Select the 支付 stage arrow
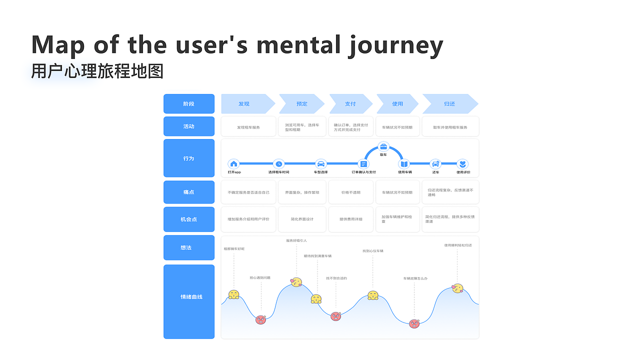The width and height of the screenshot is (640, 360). tap(350, 104)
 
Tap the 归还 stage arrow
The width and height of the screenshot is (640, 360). tap(449, 104)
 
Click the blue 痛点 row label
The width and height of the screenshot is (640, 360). tap(188, 192)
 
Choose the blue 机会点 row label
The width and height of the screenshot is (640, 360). tap(188, 219)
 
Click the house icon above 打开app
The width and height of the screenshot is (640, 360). tap(233, 163)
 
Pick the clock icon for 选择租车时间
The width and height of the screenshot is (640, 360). tap(278, 163)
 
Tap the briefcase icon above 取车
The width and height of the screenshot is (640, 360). tap(383, 146)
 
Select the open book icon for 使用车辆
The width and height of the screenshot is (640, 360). tap(404, 163)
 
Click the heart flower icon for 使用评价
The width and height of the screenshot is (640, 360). tap(463, 163)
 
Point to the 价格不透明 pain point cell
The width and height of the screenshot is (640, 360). tap(350, 192)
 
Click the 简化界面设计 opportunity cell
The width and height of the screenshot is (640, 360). tap(302, 219)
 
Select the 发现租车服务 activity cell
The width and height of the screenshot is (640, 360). tap(248, 127)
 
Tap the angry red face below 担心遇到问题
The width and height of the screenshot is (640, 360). tap(260, 319)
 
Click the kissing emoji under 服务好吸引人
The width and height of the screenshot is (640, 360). tap(297, 282)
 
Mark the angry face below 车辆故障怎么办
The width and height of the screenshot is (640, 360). tap(414, 323)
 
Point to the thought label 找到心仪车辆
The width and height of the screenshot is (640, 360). tap(373, 251)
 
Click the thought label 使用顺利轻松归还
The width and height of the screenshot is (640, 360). tap(458, 245)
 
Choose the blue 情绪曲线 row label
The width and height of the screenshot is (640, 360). tap(188, 297)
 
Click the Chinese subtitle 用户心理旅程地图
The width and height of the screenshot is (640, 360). tap(97, 71)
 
